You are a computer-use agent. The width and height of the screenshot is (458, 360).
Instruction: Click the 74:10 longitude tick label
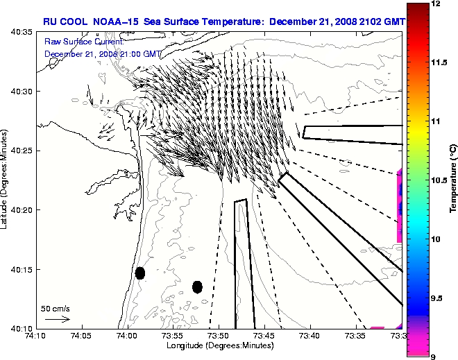point(35,336)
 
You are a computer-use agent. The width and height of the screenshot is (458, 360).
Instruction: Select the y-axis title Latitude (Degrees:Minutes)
point(6,180)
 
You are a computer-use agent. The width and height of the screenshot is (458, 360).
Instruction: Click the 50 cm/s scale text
point(56,308)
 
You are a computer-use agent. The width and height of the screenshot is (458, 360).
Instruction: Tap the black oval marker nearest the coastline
point(139,273)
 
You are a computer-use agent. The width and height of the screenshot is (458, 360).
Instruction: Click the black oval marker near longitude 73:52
point(197,286)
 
